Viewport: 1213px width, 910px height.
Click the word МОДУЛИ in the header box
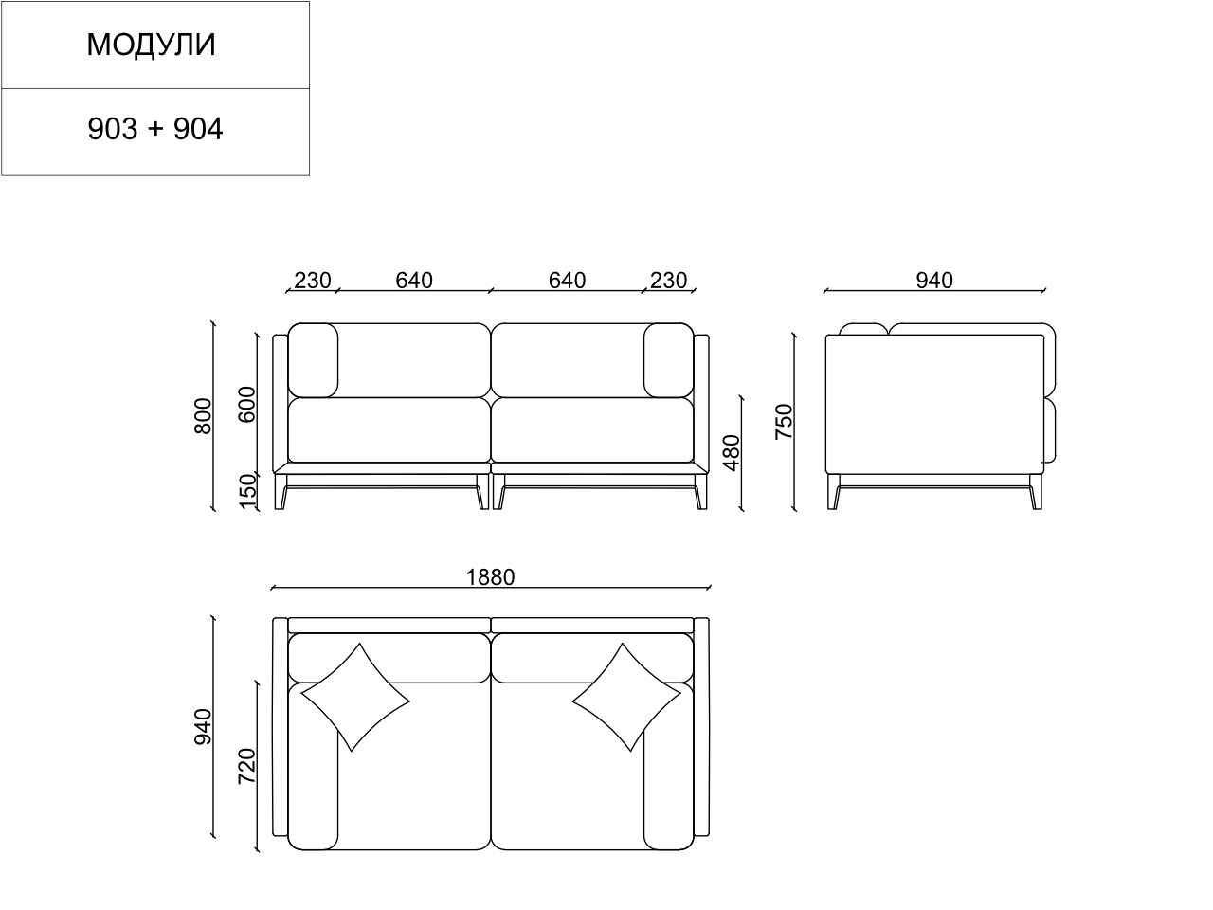[152, 45]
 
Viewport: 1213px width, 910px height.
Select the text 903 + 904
[155, 129]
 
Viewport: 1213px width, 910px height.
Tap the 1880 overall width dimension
[490, 577]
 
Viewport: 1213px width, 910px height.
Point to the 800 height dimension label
[203, 416]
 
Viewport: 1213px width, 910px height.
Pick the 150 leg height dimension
[247, 491]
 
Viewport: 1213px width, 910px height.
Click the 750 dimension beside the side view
[784, 421]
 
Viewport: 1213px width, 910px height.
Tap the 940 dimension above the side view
[934, 280]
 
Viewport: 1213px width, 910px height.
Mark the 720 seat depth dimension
[246, 766]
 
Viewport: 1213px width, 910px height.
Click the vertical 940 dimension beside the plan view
[203, 726]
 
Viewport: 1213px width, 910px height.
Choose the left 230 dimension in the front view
[313, 280]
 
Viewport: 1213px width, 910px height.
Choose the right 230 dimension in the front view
[668, 280]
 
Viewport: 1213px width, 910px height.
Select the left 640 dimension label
[414, 280]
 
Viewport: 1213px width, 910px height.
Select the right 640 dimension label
[567, 280]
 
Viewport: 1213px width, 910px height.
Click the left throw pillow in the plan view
[354, 698]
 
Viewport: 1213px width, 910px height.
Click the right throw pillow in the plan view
[625, 698]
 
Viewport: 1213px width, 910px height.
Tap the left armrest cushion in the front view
[313, 360]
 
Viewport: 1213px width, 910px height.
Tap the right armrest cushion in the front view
[668, 360]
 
